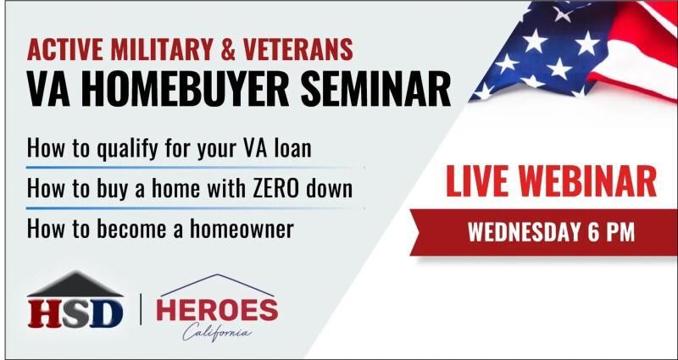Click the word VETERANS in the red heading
point(297,49)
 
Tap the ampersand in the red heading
point(227,49)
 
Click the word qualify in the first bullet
point(123,149)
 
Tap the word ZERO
point(281,188)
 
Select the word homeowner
point(242,229)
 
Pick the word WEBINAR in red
point(588,181)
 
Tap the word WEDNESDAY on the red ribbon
point(524,232)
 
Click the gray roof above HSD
point(75,285)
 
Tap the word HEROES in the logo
point(217,310)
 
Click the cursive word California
point(217,332)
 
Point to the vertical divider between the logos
point(141,309)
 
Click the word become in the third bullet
point(131,229)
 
